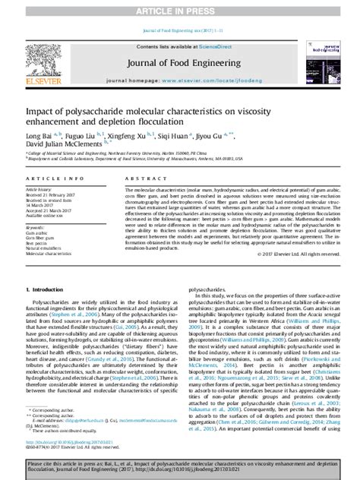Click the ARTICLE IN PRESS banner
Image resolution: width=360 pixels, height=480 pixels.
[x=179, y=7]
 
